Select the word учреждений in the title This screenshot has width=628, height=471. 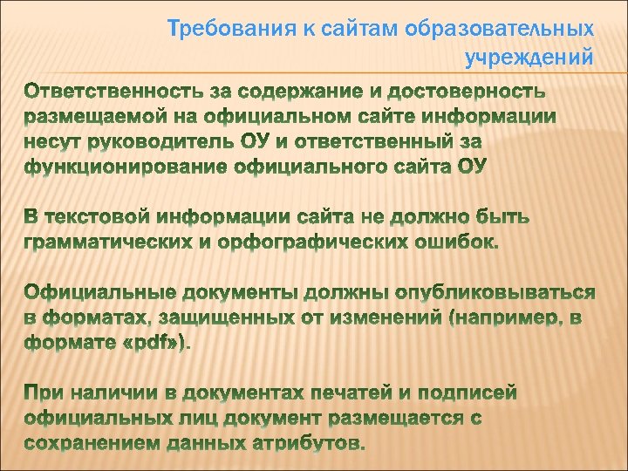pos(529,58)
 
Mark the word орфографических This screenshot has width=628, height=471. pos(304,241)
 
